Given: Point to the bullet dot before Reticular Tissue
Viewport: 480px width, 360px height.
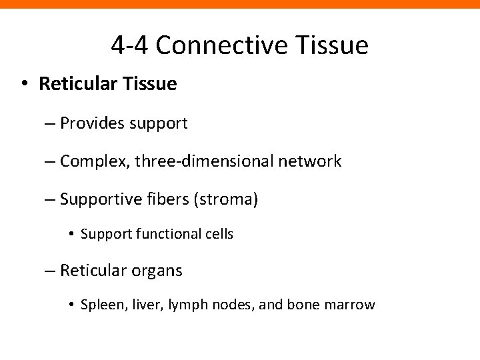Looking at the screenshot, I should pyautogui.click(x=24, y=85).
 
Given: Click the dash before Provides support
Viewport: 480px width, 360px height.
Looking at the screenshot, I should pyautogui.click(x=52, y=124).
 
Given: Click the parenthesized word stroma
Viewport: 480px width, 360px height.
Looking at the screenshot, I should pyautogui.click(x=225, y=199).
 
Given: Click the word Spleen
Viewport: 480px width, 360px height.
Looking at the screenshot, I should pyautogui.click(x=99, y=305).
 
